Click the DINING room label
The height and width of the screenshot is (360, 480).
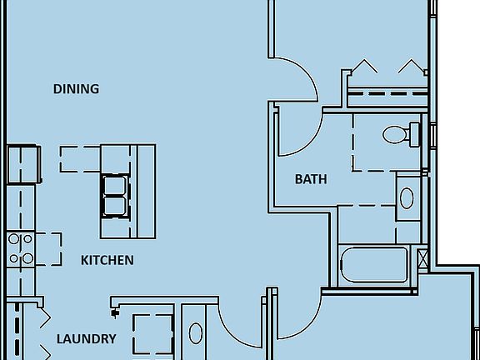(x=76, y=89)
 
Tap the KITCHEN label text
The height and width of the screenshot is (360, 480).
(x=107, y=261)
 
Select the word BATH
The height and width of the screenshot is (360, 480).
(x=311, y=179)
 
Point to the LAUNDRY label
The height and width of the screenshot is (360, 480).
(x=87, y=339)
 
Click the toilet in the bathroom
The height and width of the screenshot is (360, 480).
(x=401, y=134)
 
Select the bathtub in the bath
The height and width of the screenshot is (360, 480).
(x=374, y=264)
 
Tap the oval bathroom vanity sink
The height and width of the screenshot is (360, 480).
(x=407, y=198)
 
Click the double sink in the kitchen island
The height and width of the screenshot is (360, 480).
(x=115, y=196)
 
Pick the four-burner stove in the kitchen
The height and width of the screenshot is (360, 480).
(x=21, y=248)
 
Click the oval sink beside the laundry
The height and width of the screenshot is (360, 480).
(x=196, y=333)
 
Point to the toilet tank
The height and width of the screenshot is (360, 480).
(x=415, y=134)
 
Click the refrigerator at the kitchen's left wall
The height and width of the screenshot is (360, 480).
(x=24, y=164)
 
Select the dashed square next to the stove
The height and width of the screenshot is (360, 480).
(x=48, y=249)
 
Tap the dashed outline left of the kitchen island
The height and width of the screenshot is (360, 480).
(x=80, y=159)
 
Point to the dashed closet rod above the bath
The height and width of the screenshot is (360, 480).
(x=387, y=93)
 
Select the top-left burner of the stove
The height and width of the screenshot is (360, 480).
(x=13, y=239)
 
